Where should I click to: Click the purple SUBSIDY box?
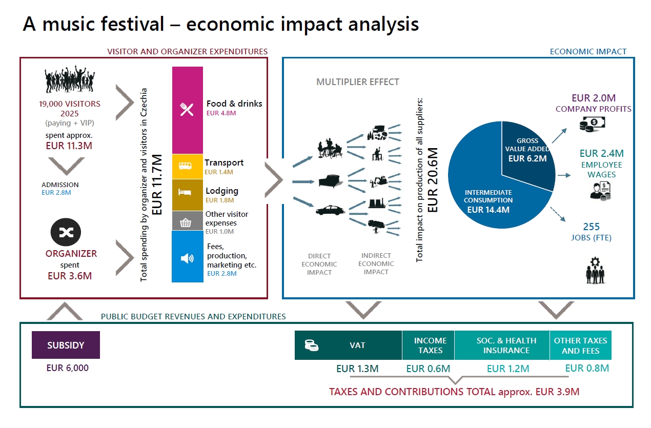click(66, 345)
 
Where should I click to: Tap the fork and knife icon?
click(187, 110)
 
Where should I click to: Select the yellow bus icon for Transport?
click(185, 166)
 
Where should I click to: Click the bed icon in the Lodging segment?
click(185, 192)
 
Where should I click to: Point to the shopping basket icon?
click(186, 222)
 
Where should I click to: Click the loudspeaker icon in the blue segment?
click(187, 258)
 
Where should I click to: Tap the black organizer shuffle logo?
click(66, 232)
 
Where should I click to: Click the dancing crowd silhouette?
click(70, 79)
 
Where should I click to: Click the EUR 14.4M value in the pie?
click(488, 210)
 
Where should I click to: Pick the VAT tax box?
click(348, 345)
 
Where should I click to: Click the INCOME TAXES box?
click(429, 345)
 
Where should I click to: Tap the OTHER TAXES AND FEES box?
click(581, 345)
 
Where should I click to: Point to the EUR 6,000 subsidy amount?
click(68, 368)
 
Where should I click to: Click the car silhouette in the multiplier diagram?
click(330, 210)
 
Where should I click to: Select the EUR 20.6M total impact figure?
click(433, 180)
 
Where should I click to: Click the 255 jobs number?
click(591, 227)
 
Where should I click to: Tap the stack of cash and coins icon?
click(592, 124)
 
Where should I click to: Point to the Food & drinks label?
click(234, 104)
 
